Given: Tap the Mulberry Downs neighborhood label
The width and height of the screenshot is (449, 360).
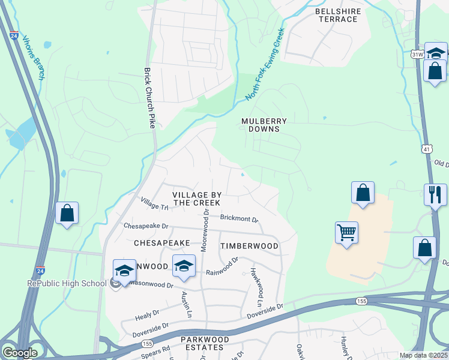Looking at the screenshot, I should pos(264,125).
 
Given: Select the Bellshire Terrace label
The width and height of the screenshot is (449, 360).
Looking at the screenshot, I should pos(336,15).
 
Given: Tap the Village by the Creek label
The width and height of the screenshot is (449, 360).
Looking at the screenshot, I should pos(197,199).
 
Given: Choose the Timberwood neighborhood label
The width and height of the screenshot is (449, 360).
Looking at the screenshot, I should pos(249,246).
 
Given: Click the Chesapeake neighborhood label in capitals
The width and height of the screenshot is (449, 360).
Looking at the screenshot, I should pos(161,243).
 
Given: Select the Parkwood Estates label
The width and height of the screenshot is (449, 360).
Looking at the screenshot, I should pos(205,344).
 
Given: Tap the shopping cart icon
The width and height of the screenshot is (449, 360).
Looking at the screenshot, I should pos(347,232).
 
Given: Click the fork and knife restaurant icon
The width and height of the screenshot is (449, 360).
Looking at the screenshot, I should pos(435,194).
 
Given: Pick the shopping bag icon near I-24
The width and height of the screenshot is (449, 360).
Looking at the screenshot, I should pos(67,213).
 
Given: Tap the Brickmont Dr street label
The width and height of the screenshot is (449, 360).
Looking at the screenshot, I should pos(239,219).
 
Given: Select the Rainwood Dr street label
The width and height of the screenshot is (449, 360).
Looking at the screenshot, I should pos(222,266).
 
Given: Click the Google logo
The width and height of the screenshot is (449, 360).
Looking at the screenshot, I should pos(20,353).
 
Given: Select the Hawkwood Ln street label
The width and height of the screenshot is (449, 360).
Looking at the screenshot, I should pos(257,283).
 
